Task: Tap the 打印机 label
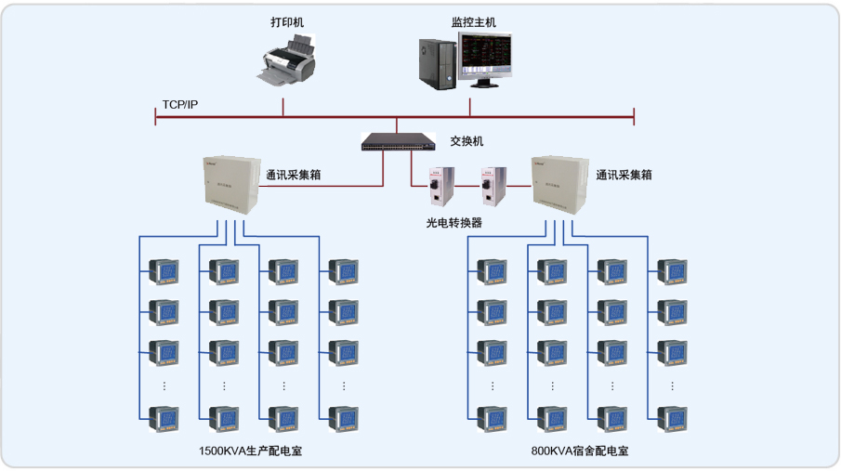click(286, 19)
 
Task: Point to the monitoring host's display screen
click(488, 55)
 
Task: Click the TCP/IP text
click(179, 104)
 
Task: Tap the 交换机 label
click(466, 142)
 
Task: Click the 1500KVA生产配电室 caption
click(251, 451)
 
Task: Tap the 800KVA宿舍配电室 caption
click(580, 451)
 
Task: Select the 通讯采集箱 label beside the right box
click(624, 174)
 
